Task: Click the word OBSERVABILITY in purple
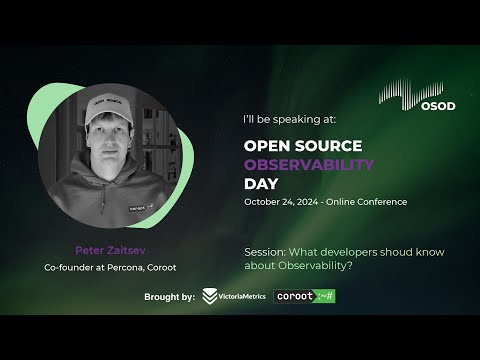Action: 309,165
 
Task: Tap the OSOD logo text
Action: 438,106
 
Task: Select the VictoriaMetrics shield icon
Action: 210,296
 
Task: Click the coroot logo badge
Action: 304,296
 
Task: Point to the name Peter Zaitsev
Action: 110,250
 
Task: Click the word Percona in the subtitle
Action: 125,267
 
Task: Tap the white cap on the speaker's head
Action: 108,107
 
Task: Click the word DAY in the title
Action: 261,184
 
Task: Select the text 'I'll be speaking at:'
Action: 290,119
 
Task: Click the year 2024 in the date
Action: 307,202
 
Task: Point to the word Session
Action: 265,252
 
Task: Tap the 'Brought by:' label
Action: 169,297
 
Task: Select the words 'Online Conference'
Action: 366,202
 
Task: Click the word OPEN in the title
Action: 264,146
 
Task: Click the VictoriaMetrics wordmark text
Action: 242,296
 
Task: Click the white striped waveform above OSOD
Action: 411,94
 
